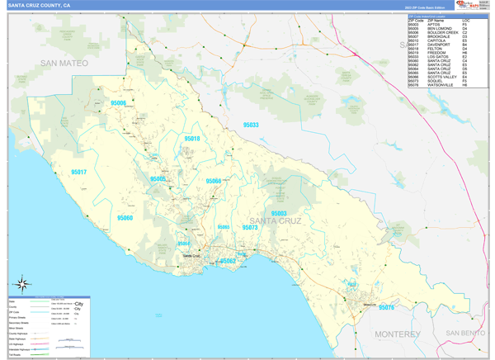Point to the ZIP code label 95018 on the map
point(191,139)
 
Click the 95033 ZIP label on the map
point(251,125)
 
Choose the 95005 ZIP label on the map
point(158,179)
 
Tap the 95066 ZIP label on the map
point(213,181)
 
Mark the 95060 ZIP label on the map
point(125,218)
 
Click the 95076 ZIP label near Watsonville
point(386,307)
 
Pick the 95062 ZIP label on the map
point(228,261)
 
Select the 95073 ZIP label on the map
point(249,227)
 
